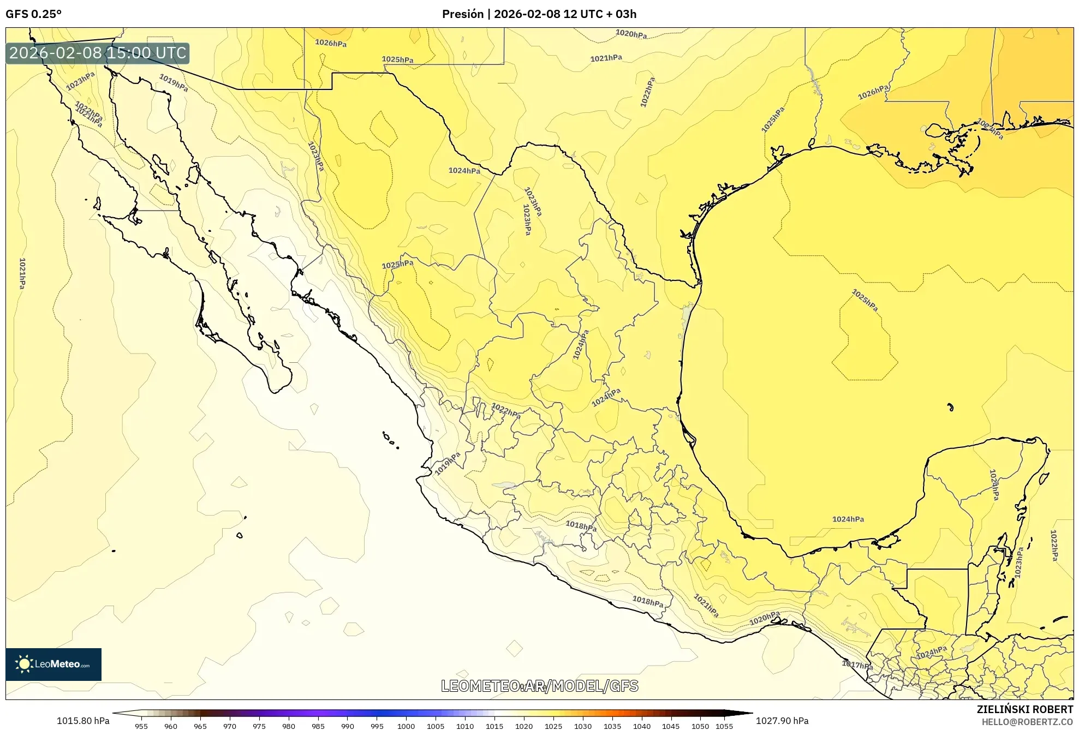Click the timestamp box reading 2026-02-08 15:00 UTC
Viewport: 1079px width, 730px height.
pyautogui.click(x=98, y=53)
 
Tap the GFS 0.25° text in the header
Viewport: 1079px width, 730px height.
pyautogui.click(x=33, y=14)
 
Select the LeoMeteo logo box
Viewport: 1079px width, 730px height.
pyautogui.click(x=53, y=664)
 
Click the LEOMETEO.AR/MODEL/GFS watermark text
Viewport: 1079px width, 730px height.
pyautogui.click(x=539, y=686)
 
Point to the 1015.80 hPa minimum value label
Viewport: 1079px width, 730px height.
pyautogui.click(x=83, y=721)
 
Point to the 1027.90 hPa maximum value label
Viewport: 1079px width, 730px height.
pyautogui.click(x=782, y=721)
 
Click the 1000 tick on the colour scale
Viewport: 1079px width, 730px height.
pyautogui.click(x=406, y=726)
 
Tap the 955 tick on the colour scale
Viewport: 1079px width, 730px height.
pyautogui.click(x=141, y=726)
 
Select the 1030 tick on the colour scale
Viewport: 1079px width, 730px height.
pyautogui.click(x=583, y=726)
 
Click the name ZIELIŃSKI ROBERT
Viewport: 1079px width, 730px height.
pyautogui.click(x=1024, y=709)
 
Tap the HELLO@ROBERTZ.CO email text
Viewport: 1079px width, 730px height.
pyautogui.click(x=1027, y=722)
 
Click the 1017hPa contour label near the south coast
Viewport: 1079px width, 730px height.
pyautogui.click(x=857, y=665)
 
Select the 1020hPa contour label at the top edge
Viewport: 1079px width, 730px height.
pyautogui.click(x=631, y=34)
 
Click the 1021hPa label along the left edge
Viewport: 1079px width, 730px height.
pyautogui.click(x=22, y=273)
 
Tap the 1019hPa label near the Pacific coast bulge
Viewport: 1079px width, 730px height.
pyautogui.click(x=448, y=463)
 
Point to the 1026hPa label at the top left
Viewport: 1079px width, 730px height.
pyautogui.click(x=331, y=43)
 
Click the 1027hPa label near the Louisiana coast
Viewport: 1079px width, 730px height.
pyautogui.click(x=989, y=129)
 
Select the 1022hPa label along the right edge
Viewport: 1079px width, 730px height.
pyautogui.click(x=1054, y=545)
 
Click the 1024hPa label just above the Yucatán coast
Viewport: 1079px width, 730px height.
pyautogui.click(x=848, y=519)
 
